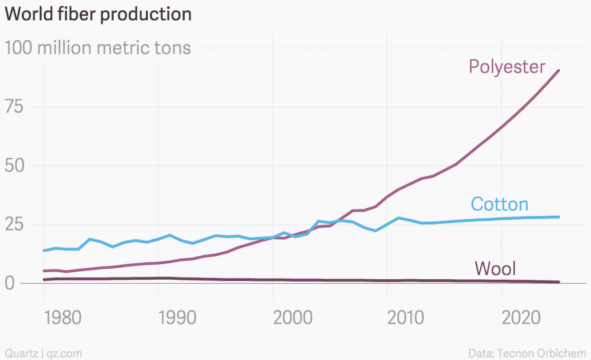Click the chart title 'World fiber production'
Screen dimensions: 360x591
pos(98,14)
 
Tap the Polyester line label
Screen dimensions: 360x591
pos(507,67)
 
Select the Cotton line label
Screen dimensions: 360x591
pos(499,204)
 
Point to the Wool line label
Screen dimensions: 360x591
pos(495,268)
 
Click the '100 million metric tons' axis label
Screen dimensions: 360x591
pos(98,47)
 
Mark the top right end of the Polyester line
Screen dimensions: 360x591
pos(559,70)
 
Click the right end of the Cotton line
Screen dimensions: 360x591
pos(559,217)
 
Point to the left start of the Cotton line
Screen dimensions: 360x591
pos(44,250)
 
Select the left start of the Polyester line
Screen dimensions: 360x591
pos(44,271)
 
